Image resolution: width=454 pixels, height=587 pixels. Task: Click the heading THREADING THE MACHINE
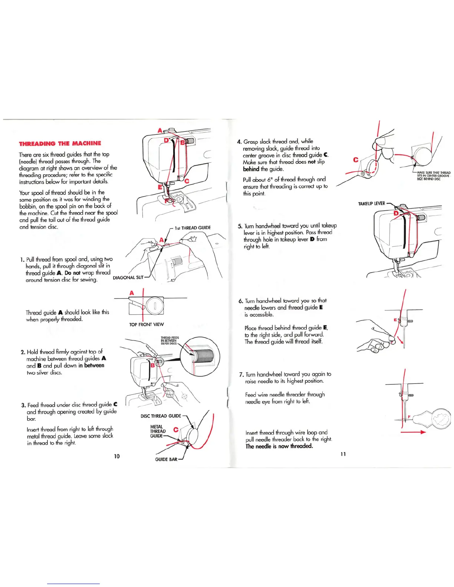point(60,143)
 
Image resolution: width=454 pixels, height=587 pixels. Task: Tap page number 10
point(117,456)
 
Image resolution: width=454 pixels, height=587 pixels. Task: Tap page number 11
point(343,454)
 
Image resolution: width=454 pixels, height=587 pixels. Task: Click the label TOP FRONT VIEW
point(146,325)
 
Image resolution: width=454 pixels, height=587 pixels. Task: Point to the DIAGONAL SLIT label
point(128,278)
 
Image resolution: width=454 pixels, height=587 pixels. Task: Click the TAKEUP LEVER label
point(371,203)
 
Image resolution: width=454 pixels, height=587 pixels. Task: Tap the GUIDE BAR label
point(166,460)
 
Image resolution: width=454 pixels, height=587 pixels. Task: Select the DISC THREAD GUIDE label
point(161,416)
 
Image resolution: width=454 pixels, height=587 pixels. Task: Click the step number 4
point(239,142)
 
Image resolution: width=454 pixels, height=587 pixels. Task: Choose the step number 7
point(241,375)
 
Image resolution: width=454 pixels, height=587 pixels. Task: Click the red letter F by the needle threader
point(409,417)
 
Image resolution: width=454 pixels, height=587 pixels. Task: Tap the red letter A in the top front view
point(132,293)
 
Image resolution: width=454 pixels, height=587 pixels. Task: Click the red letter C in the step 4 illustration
point(356,160)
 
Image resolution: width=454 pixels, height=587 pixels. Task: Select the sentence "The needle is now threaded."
point(279,446)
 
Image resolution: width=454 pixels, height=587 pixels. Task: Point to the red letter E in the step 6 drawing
point(395,319)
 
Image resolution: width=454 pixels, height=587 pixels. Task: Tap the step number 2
point(23,352)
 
